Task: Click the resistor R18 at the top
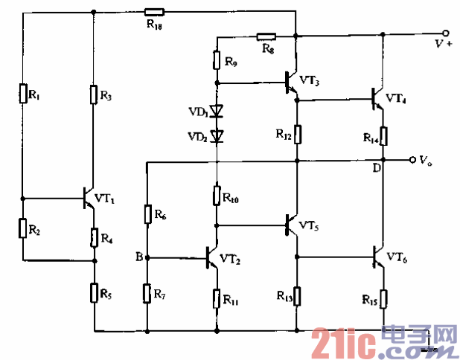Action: [154, 12]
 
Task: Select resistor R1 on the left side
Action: [22, 94]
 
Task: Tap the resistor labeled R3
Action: [95, 94]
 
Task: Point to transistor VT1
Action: [88, 199]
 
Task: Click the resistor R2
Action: [22, 228]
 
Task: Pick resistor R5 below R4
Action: [95, 292]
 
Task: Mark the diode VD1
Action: [217, 112]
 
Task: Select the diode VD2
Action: [217, 135]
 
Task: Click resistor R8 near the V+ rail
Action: [266, 36]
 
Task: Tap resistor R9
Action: [217, 60]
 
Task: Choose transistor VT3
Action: [291, 83]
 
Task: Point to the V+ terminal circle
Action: [445, 33]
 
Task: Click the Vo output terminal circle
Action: [411, 160]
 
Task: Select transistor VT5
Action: [291, 224]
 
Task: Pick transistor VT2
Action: [211, 257]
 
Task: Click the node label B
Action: [139, 257]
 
